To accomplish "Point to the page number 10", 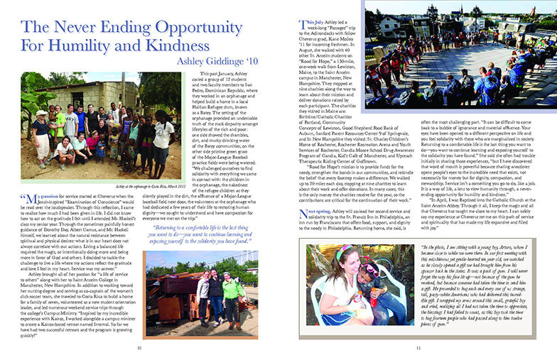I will (x=140, y=347).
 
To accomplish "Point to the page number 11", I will (x=419, y=347).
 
